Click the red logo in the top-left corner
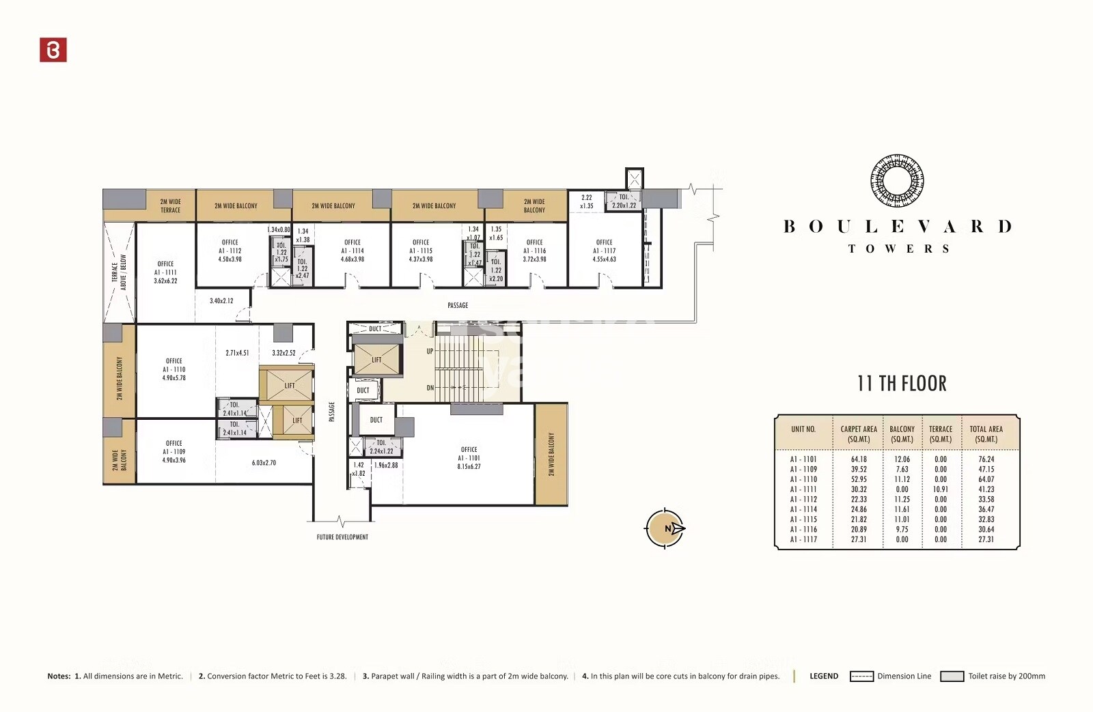(x=53, y=50)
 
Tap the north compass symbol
(x=665, y=528)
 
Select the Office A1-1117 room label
(x=604, y=251)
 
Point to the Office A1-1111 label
(x=165, y=272)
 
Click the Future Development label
(x=342, y=537)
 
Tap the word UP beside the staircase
(x=430, y=351)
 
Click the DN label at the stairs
(x=430, y=388)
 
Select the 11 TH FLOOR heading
(x=902, y=384)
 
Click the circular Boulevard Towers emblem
(x=897, y=181)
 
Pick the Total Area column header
(x=986, y=434)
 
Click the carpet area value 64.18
(x=859, y=459)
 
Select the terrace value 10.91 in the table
(x=940, y=489)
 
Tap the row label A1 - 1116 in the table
(x=803, y=529)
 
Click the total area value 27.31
(x=986, y=539)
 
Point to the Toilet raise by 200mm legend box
(x=952, y=677)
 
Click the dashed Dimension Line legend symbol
(x=861, y=677)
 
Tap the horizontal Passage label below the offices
(x=458, y=305)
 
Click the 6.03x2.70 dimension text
(x=264, y=463)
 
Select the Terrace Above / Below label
(x=119, y=272)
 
